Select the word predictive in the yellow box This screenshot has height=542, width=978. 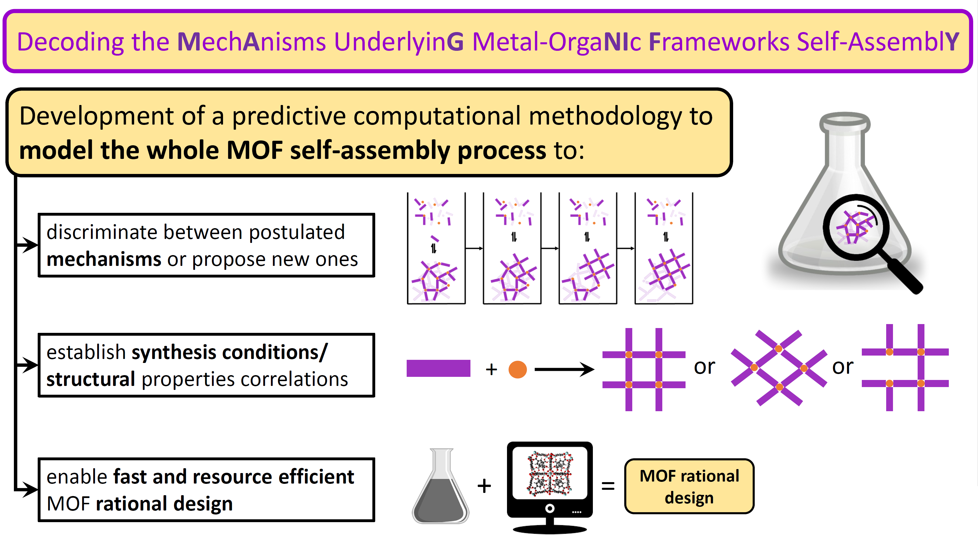point(288,116)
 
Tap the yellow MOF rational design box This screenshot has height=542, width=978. point(689,486)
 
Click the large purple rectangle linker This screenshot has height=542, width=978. point(438,368)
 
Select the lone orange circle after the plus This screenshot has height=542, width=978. point(517,369)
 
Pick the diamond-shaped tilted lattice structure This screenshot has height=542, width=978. point(779,368)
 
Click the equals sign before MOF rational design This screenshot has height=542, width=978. point(608,486)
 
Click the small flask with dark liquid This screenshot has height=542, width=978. point(441,486)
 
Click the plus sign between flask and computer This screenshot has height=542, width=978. point(484,486)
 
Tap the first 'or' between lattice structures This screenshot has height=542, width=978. point(704,367)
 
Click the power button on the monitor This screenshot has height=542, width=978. point(550,508)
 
